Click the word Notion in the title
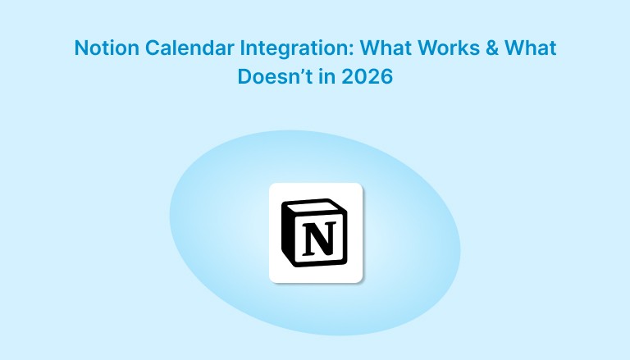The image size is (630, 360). point(102,48)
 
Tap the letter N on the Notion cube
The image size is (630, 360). point(315,239)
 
